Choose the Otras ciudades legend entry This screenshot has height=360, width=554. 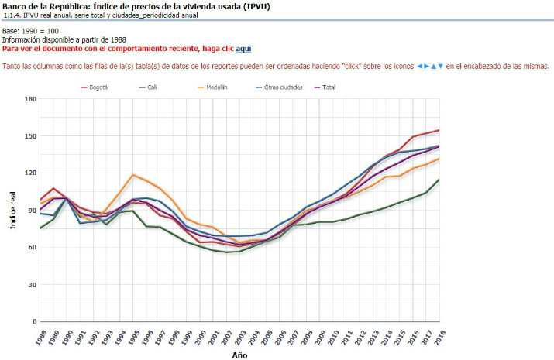click(282, 87)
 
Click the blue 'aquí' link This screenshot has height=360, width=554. click(243, 48)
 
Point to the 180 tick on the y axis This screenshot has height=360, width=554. click(30, 99)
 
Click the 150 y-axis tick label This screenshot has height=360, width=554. click(30, 136)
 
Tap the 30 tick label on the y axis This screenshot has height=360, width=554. click(32, 284)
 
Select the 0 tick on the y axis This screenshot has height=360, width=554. click(34, 321)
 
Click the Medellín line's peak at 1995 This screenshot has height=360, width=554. click(133, 175)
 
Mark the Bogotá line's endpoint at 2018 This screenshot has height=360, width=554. click(439, 130)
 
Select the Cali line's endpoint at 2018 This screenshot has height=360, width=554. click(439, 180)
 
